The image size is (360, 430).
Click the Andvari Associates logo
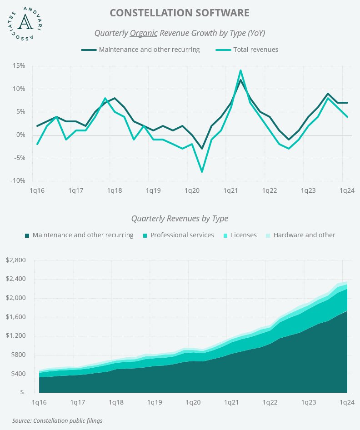pos(25,24)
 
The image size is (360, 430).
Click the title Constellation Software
pos(180,13)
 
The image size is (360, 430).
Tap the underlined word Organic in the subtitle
pos(144,33)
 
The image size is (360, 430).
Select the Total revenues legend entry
pos(247,50)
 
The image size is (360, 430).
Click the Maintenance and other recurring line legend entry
pos(140,50)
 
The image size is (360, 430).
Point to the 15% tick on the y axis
pos(19,66)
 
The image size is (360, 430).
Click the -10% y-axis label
pos(18,181)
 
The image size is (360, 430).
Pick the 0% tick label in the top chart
pos(20,135)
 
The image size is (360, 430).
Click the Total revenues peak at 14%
pos(240,70)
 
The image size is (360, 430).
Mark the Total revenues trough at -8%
pos(202,172)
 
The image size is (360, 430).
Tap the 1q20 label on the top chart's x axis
pos(192,191)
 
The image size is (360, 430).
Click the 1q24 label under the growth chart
pos(347,191)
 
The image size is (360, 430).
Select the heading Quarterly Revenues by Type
pos(180,219)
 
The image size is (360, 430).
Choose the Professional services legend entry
pos(179,235)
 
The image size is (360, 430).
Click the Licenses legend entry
pos(240,235)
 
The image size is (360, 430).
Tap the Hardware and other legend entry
pos(300,235)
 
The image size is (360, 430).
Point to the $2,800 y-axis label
pos(16,260)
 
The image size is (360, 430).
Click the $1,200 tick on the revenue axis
pos(16,335)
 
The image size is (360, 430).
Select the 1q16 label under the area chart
pos(39,403)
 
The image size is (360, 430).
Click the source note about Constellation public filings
pos(57,420)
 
